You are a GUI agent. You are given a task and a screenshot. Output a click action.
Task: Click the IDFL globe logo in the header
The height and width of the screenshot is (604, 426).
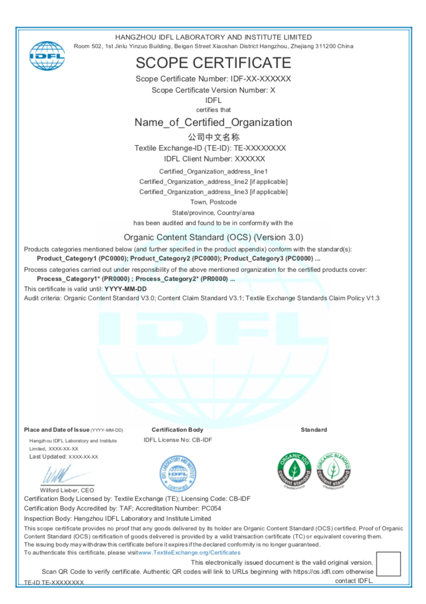[x=46, y=55]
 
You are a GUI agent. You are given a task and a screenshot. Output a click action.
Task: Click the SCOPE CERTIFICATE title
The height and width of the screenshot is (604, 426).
[x=213, y=63]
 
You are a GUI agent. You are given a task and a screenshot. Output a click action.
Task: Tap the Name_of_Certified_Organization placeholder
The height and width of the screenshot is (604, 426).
[x=213, y=122]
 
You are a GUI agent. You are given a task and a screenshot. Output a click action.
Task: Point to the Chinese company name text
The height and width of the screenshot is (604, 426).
[x=213, y=137]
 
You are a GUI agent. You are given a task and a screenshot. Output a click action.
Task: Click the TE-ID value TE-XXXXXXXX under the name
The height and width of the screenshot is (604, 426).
[x=260, y=148]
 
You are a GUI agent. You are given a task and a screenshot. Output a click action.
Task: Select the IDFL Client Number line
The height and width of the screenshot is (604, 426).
[x=213, y=159]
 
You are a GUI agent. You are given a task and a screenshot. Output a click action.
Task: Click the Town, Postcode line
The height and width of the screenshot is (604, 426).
[x=213, y=202]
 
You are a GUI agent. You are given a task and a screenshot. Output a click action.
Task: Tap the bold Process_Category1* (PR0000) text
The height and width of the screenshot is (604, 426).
[x=84, y=279]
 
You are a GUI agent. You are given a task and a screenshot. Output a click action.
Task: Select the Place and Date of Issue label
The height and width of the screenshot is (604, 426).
[x=56, y=430]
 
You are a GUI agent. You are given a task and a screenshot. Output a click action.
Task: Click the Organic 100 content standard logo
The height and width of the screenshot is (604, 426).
[x=294, y=470]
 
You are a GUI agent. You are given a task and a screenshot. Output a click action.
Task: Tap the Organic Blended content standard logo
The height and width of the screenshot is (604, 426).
[x=333, y=470]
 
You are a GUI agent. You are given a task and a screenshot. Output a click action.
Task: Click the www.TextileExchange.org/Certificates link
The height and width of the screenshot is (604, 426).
[x=189, y=553]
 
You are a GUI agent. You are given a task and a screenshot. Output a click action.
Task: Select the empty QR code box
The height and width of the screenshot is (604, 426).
[x=388, y=564]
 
